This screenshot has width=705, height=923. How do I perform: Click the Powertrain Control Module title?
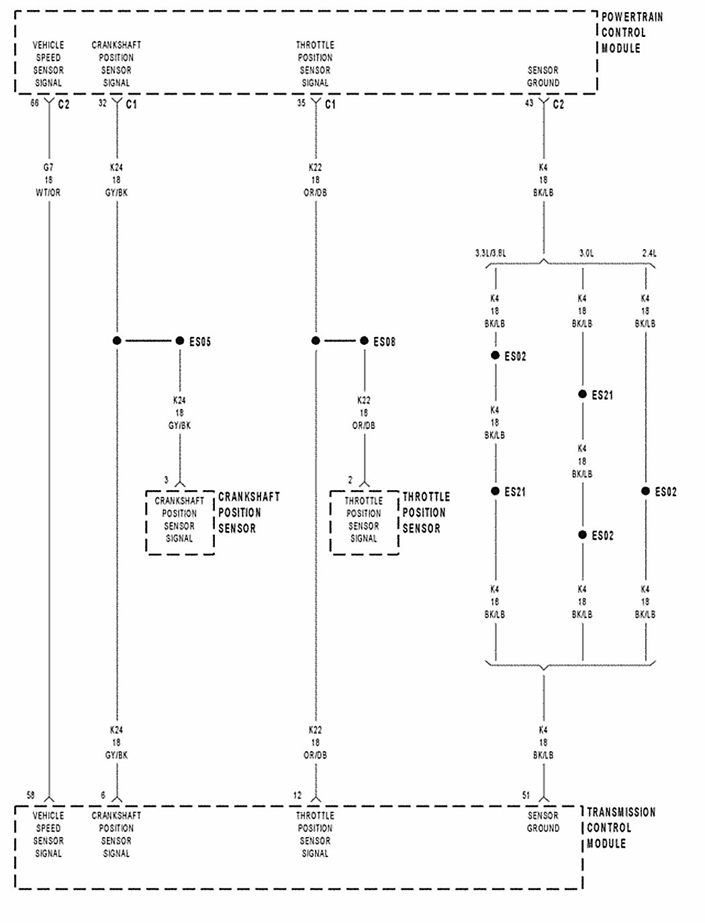coord(630,32)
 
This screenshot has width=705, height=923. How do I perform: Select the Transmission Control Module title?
coord(620,828)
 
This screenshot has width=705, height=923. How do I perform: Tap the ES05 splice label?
coord(200,342)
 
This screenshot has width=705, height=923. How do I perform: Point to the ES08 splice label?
coord(384,342)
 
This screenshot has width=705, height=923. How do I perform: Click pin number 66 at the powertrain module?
coord(34,103)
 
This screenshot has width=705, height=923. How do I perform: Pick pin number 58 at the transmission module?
coord(30,795)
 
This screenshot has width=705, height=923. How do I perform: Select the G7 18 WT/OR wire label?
coord(48,180)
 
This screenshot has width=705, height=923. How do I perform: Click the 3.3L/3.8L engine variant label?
coord(490,254)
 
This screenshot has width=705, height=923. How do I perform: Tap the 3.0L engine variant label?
coord(586,254)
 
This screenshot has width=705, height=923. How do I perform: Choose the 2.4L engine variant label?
coord(649,254)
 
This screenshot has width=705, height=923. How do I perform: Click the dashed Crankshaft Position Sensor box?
coord(180,522)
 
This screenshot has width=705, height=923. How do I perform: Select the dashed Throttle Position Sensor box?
coord(364,522)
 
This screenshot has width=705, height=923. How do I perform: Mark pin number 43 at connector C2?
coord(529,103)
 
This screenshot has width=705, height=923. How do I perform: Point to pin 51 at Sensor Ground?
coord(526,795)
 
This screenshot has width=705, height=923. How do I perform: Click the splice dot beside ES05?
coord(179,341)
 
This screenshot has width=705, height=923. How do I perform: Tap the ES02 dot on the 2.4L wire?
coord(646,491)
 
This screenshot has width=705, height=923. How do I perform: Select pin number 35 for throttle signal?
coord(301,103)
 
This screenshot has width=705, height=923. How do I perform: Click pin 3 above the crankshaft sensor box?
coord(167,480)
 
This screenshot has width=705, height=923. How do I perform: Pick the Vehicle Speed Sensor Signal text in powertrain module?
coord(48,64)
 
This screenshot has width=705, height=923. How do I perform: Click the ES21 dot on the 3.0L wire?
coord(582,394)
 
